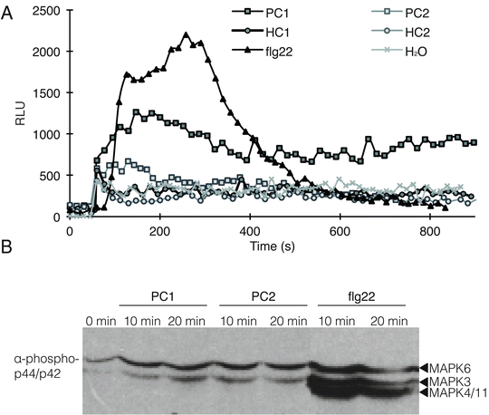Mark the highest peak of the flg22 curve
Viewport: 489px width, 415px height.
(186, 34)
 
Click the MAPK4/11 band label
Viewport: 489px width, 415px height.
(457, 393)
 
